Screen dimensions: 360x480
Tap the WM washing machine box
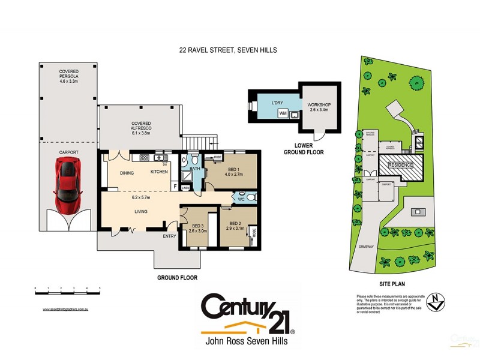click(282, 113)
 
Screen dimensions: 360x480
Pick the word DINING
click(126, 172)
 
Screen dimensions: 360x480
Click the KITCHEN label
click(159, 172)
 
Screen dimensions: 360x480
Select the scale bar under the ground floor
click(68, 292)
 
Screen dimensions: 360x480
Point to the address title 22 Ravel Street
click(227, 51)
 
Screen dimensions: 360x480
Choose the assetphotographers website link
click(66, 309)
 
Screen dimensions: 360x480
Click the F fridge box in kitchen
click(175, 186)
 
